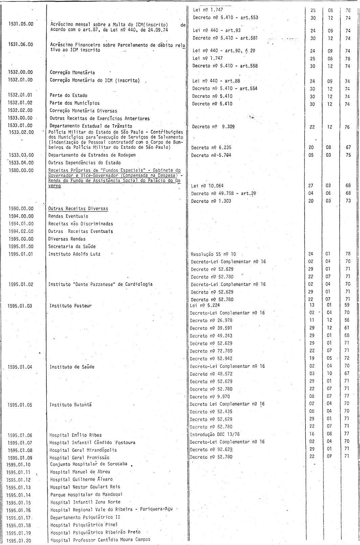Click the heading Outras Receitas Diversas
click(x=78, y=209)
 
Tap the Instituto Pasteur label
click(x=70, y=306)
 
